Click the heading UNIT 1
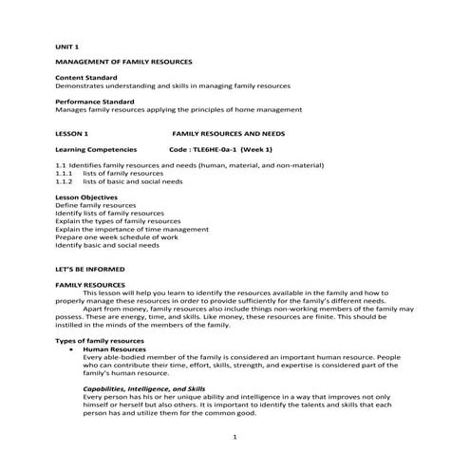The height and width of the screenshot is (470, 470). click(66, 45)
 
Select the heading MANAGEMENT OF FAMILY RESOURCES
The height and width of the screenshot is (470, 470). click(123, 61)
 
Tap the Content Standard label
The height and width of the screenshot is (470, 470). click(86, 77)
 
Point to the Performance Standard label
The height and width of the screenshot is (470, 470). click(95, 102)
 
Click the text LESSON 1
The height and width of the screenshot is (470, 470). click(71, 134)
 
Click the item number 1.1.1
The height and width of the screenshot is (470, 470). click(64, 174)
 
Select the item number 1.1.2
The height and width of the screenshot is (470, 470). click(64, 181)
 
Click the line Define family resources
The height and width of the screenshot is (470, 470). click(95, 205)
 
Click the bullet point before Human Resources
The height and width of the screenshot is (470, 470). click(73, 348)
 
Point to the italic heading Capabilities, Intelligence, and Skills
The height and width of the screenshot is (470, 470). click(143, 388)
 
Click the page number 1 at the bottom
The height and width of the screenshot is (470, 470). click(235, 436)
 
